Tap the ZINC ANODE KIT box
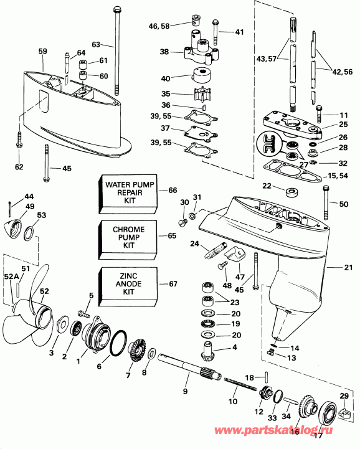pos(128,284)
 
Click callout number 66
pos(173,190)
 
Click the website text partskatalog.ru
pos(303,430)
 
